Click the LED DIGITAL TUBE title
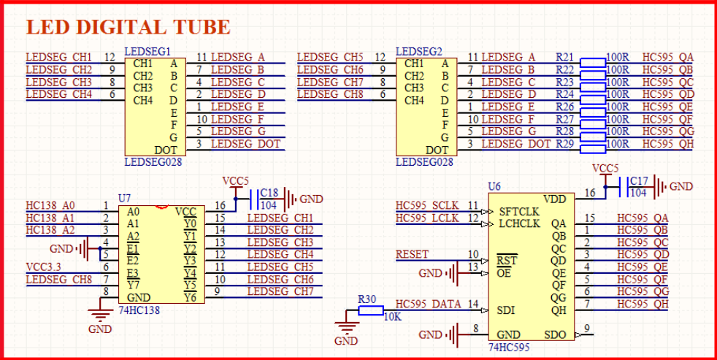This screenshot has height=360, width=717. pos(128,28)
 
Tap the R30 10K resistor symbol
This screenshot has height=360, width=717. pos(371,311)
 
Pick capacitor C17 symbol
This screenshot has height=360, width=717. pos(622,186)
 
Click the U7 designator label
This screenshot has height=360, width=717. pos(124,199)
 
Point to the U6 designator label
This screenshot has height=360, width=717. pos(494,186)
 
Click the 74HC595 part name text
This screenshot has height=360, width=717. pos(509,346)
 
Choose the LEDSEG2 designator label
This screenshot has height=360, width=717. pos(419,52)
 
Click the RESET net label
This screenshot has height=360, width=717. pos(412,255)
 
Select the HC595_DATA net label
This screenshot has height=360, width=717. pos(428,304)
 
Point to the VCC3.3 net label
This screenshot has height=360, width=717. pos(45,267)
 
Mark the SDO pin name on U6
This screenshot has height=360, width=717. pos(554,334)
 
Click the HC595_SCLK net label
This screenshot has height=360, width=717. pos(427,206)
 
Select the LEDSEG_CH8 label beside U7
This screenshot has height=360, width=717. pos(58,280)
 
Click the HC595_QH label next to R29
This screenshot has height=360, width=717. pos(667,144)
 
